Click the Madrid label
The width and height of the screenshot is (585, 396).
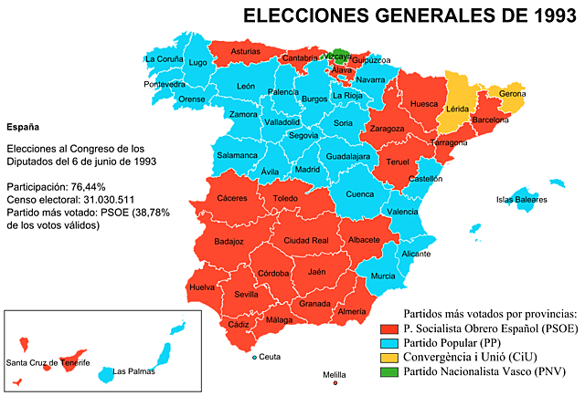tap(307, 170)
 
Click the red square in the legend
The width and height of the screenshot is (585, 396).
tap(389, 329)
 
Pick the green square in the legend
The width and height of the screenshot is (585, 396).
tap(389, 371)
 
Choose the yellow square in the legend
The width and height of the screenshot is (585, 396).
tap(389, 358)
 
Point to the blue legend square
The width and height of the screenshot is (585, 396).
tap(389, 344)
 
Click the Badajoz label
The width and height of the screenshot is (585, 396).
tap(229, 241)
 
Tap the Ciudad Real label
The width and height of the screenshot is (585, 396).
tap(306, 240)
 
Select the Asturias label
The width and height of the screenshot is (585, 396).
tap(245, 52)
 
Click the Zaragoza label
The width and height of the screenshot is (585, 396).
tap(387, 129)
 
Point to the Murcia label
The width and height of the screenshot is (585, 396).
tap(383, 276)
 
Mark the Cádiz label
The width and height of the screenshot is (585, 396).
tap(239, 324)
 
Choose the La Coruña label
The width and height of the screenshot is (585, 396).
tap(164, 59)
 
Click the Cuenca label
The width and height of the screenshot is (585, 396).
tap(360, 193)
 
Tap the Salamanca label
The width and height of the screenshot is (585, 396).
tap(237, 155)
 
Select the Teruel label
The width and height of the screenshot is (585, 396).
tap(398, 162)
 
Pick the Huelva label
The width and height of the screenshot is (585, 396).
tap(201, 287)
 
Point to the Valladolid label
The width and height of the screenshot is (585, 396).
tap(282, 121)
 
